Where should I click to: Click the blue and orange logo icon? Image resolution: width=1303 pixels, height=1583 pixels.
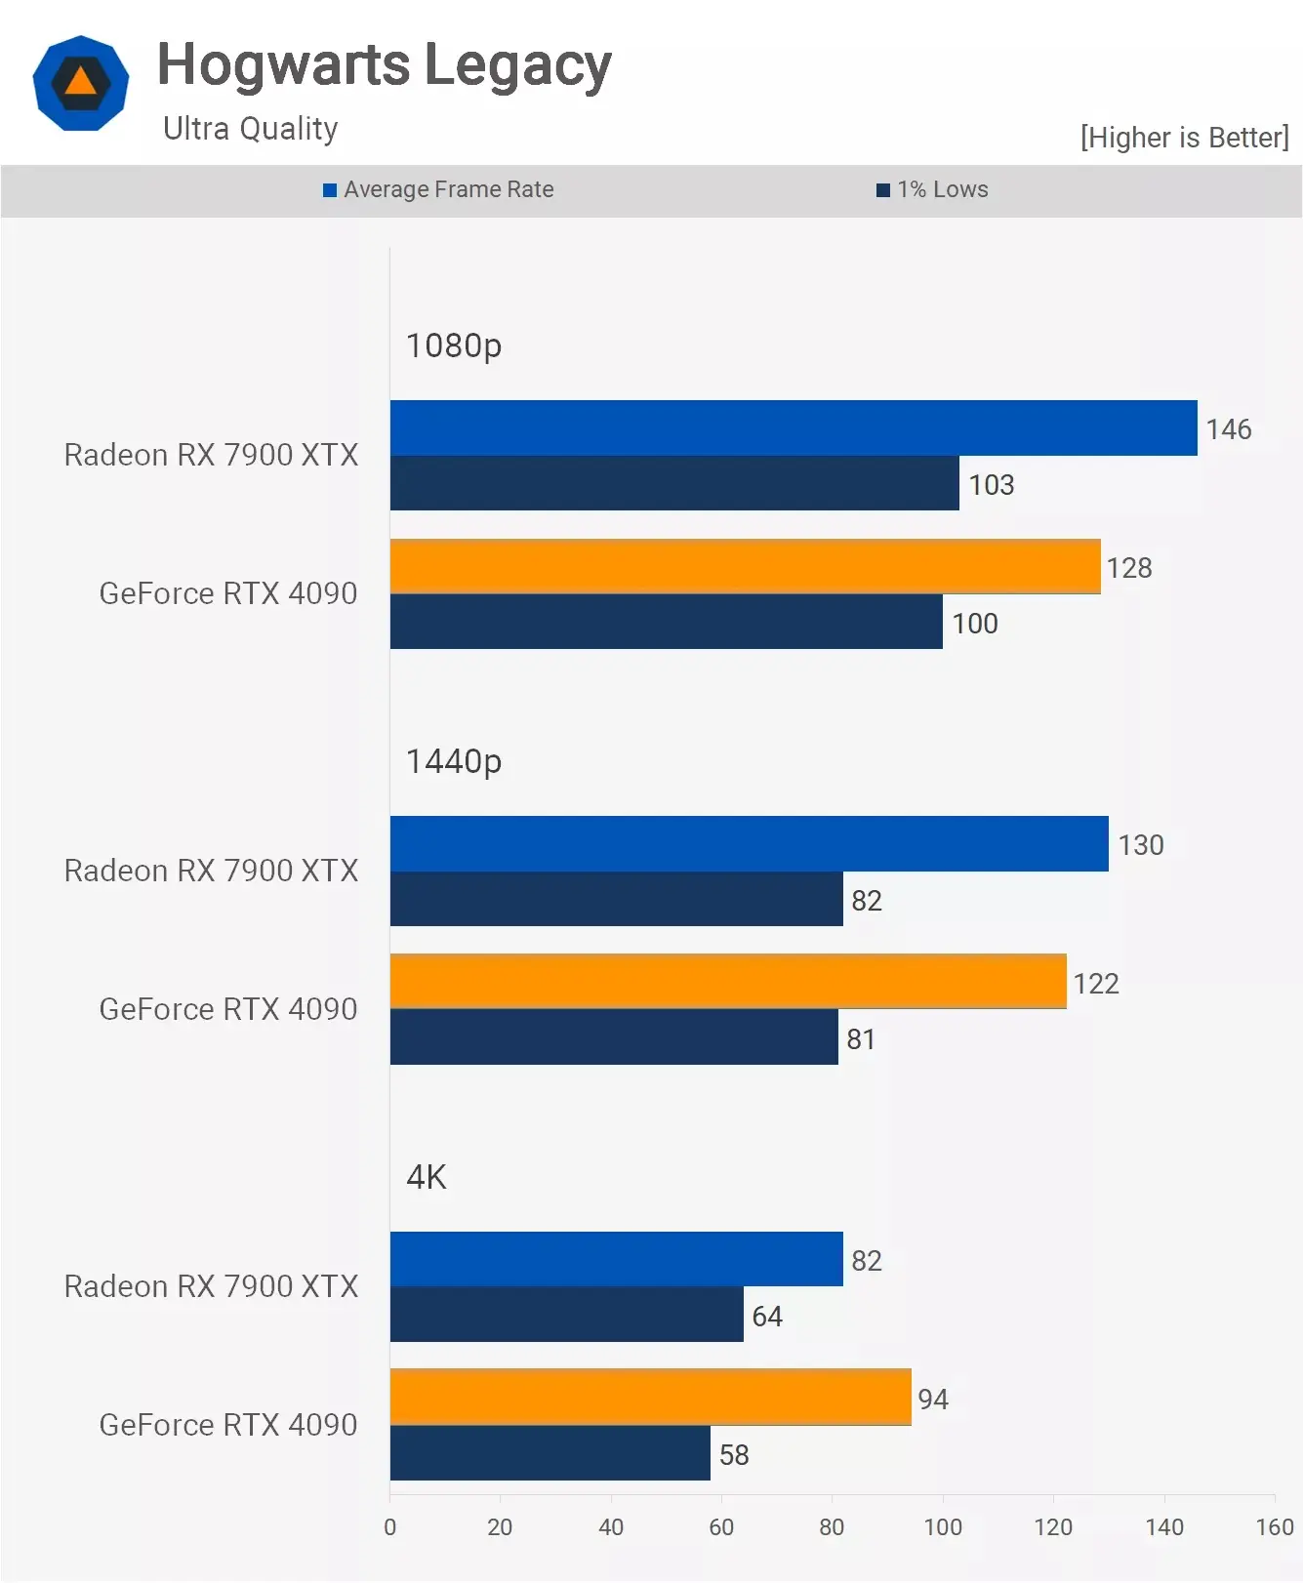[81, 83]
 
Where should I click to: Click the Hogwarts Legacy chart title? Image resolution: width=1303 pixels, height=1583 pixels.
[384, 65]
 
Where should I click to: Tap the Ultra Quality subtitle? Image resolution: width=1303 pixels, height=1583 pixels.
[250, 129]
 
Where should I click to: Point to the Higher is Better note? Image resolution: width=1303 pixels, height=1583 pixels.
[1184, 138]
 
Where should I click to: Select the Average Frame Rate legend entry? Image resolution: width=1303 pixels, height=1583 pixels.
[439, 189]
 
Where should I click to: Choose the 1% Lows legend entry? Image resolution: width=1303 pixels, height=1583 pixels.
[933, 189]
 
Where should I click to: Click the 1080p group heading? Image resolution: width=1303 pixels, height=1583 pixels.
[453, 345]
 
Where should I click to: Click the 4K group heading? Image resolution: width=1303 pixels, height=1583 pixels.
[426, 1177]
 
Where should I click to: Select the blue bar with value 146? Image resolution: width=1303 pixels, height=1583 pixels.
[793, 427]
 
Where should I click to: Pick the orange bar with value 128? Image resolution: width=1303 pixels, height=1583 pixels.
[745, 566]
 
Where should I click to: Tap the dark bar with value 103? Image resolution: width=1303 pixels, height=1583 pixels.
[673, 483]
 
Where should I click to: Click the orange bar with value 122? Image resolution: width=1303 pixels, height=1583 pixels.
[727, 982]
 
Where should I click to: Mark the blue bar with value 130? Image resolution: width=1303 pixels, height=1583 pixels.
[749, 843]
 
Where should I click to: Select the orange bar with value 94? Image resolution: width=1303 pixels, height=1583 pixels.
[650, 1397]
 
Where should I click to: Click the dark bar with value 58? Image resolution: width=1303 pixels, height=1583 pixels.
[550, 1453]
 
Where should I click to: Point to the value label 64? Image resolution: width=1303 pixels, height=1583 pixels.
[767, 1317]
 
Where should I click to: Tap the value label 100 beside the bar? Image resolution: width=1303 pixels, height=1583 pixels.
[975, 624]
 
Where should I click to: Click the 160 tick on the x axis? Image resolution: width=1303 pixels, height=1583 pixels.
[1274, 1527]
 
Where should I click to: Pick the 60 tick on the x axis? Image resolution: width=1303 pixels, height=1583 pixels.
[721, 1527]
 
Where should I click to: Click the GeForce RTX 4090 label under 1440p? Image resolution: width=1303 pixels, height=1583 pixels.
[228, 1009]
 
